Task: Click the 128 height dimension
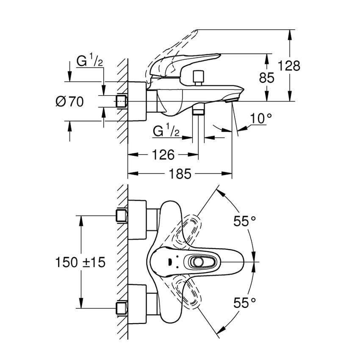pos(289,66)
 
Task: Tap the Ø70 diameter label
pos(69,102)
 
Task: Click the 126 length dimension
pos(163,155)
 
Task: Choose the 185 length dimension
pos(180,174)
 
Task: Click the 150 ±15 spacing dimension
pos(80,262)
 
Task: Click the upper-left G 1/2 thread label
pos(89,62)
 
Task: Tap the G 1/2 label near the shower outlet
pos(166,132)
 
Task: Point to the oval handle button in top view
pos(197,262)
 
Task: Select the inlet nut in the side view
pos(122,102)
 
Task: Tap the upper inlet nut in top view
pos(122,216)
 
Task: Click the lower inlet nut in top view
pos(122,307)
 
